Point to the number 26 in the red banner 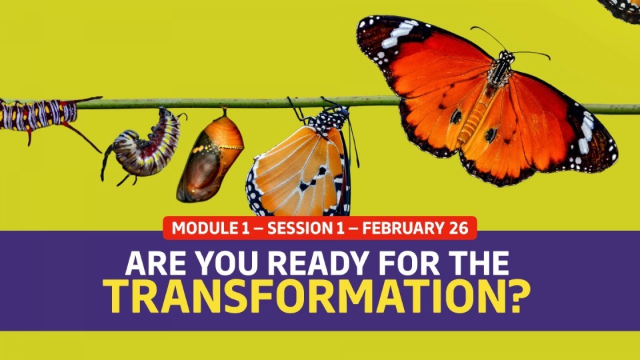pos(459,228)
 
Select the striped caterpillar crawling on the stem pos(45,116)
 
